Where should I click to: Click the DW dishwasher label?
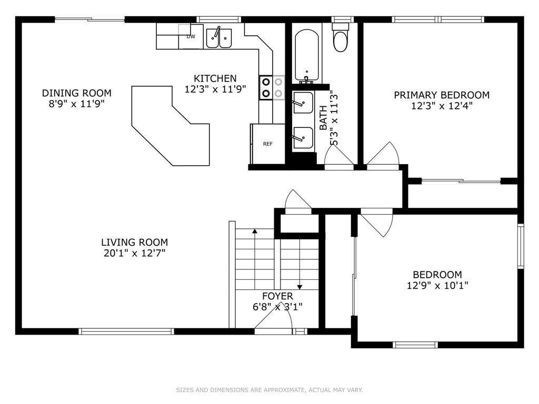pyautogui.click(x=191, y=36)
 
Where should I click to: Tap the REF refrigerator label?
pyautogui.click(x=268, y=144)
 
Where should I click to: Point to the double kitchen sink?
pyautogui.click(x=219, y=38)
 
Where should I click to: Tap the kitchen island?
pyautogui.click(x=171, y=126)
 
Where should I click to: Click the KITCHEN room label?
pyautogui.click(x=215, y=78)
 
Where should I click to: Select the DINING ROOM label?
pyautogui.click(x=77, y=93)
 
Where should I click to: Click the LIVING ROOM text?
pyautogui.click(x=134, y=242)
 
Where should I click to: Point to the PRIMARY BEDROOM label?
pyautogui.click(x=442, y=95)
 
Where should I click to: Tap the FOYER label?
pyautogui.click(x=278, y=296)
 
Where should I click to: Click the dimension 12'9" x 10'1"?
pyautogui.click(x=437, y=285)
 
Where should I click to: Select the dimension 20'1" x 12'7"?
pyautogui.click(x=134, y=253)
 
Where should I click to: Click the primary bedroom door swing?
pyautogui.click(x=383, y=156)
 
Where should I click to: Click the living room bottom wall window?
pyautogui.click(x=126, y=331)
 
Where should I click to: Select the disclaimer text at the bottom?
pyautogui.click(x=269, y=390)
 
